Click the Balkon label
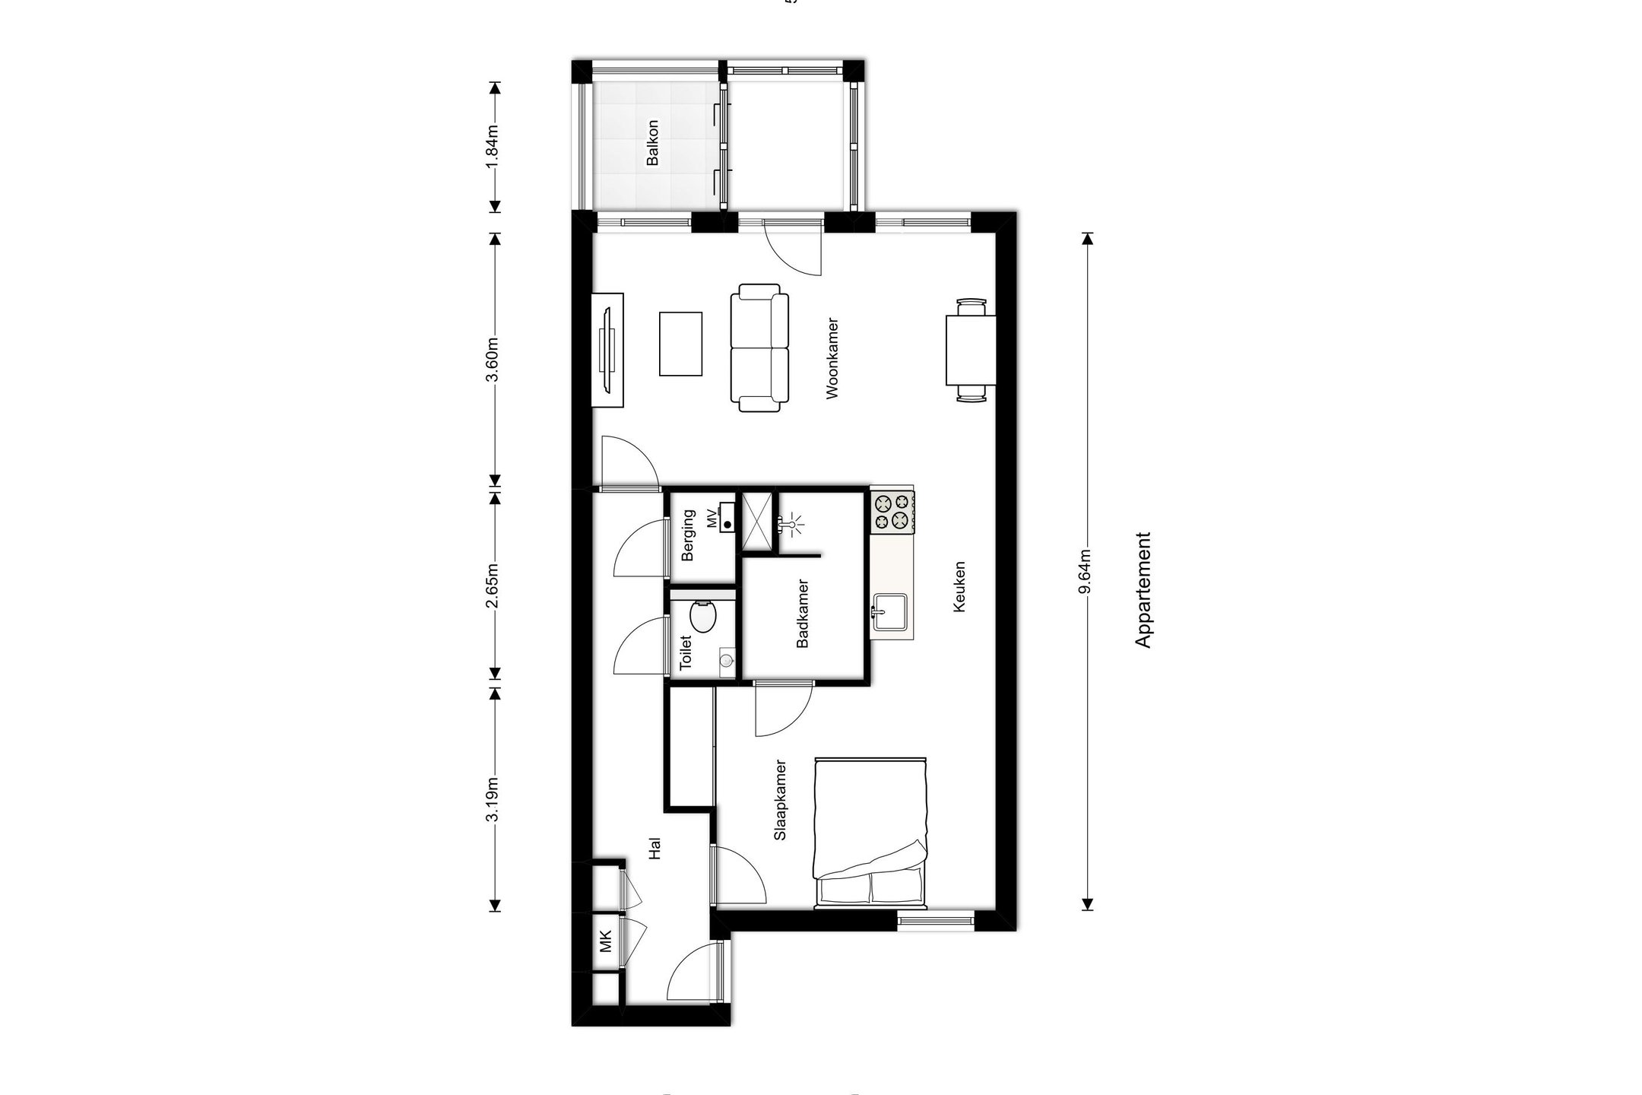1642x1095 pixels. coord(652,142)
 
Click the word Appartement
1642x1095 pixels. coord(1143,590)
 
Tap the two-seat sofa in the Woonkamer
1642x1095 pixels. coord(759,348)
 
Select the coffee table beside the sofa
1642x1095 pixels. coord(680,344)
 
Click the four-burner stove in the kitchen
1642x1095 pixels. coord(892,511)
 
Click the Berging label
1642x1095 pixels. coord(689,535)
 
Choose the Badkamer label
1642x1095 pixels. coord(802,614)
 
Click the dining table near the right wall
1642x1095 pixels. coord(970,351)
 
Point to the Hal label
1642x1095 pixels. coord(655,849)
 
